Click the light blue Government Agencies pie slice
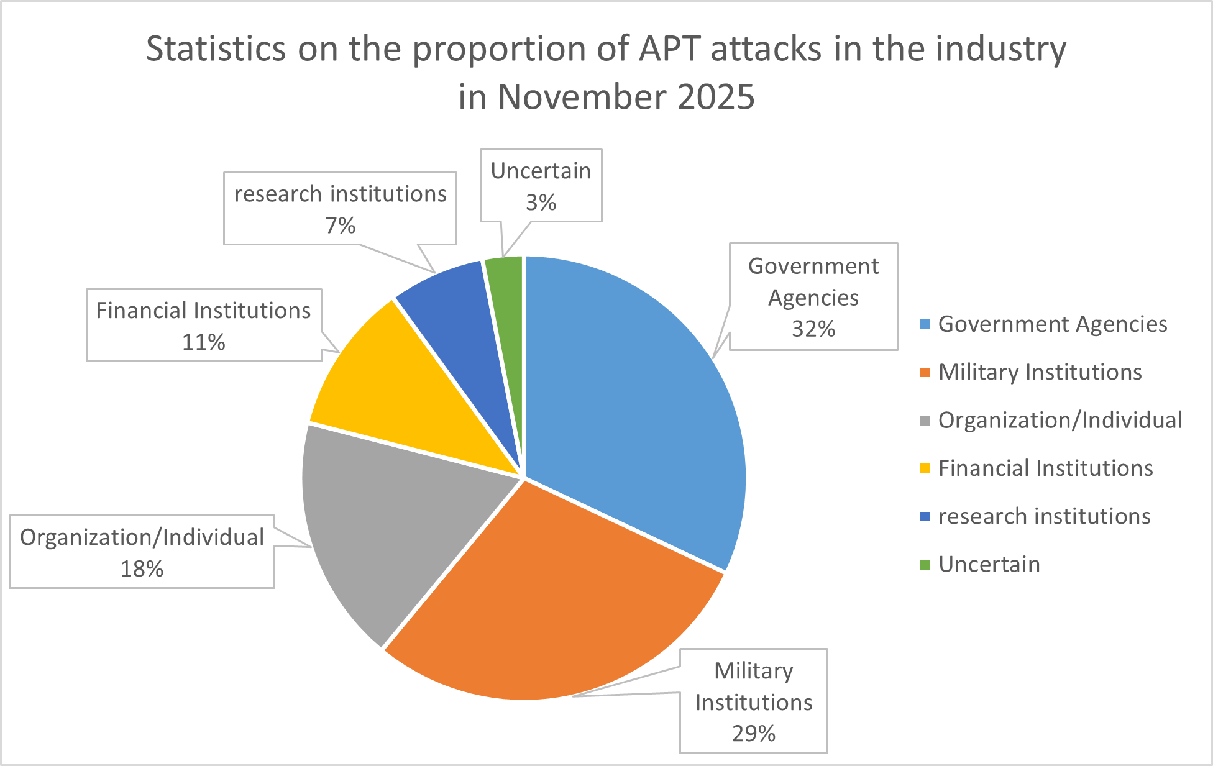pyautogui.click(x=628, y=398)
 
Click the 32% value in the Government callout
pyautogui.click(x=813, y=329)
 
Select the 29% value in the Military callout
pyautogui.click(x=754, y=734)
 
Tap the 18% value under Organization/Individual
pyautogui.click(x=142, y=568)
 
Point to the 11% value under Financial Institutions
pyautogui.click(x=204, y=342)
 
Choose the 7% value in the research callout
pyautogui.click(x=341, y=225)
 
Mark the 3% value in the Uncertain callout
pyautogui.click(x=541, y=202)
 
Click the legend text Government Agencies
pyautogui.click(x=1053, y=324)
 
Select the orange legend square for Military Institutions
pyautogui.click(x=925, y=372)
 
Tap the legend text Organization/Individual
pyautogui.click(x=1060, y=420)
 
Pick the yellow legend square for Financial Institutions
pyautogui.click(x=925, y=468)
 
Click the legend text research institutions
pyautogui.click(x=1045, y=516)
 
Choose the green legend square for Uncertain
pyautogui.click(x=925, y=565)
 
